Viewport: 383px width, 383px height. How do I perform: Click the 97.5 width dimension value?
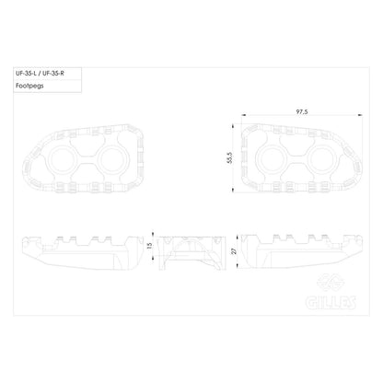302,112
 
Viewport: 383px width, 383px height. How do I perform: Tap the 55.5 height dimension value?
230,157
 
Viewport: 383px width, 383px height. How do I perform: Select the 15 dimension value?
149,246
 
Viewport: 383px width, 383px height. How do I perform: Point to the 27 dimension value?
235,251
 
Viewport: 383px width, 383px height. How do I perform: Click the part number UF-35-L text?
26,74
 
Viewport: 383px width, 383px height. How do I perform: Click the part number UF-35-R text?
53,74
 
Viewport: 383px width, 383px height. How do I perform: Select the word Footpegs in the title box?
29,86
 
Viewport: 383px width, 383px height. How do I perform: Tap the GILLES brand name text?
331,302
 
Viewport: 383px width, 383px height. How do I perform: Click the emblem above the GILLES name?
331,282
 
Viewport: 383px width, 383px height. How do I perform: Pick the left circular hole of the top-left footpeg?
62,159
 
